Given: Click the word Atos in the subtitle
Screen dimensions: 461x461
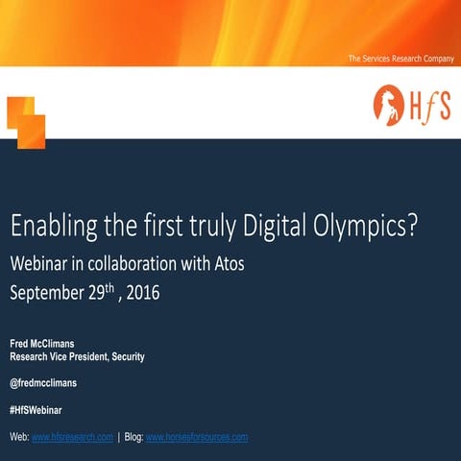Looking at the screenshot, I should (x=234, y=262).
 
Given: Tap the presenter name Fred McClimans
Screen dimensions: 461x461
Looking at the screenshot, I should (x=48, y=343).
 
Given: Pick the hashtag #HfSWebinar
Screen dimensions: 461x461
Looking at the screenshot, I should (x=36, y=410).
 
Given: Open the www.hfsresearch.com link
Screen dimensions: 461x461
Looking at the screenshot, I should (x=73, y=437).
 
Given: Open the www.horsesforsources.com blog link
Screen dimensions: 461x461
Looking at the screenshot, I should (x=197, y=437).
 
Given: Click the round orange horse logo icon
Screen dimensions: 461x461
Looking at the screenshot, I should (x=389, y=102).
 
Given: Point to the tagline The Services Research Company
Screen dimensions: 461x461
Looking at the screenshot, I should (x=400, y=60).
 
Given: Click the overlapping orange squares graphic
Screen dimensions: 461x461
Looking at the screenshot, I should (x=26, y=121).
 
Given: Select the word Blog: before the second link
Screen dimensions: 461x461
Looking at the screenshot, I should (x=133, y=437).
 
